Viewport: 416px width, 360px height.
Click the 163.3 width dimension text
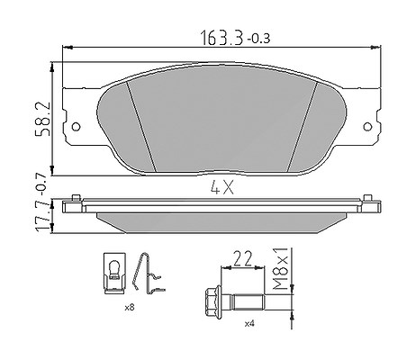(x=221, y=38)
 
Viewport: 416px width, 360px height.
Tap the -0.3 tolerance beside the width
(x=258, y=39)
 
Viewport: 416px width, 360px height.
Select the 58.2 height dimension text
(x=42, y=119)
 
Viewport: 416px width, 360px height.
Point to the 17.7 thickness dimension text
(x=42, y=216)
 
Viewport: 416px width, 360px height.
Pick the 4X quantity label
(x=222, y=188)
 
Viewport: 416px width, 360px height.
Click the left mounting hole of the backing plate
(x=77, y=127)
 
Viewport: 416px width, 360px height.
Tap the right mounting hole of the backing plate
(x=367, y=127)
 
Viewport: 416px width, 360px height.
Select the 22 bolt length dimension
(x=242, y=259)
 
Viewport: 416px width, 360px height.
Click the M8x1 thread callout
(x=280, y=269)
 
